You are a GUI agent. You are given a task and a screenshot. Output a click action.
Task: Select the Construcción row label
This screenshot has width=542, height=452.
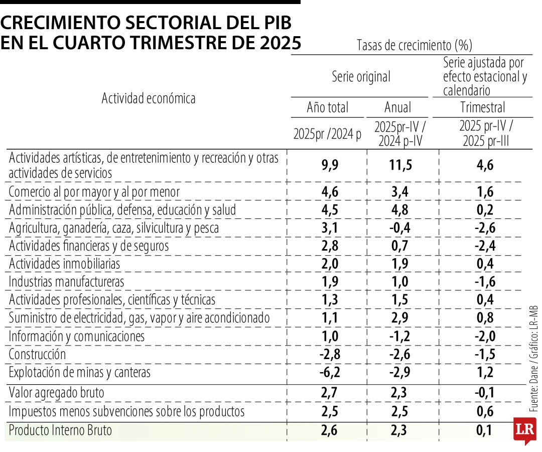tap(37, 354)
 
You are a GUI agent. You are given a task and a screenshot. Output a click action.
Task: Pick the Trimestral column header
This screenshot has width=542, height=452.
tap(482, 107)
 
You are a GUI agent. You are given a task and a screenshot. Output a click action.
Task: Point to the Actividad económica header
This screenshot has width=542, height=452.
tap(149, 98)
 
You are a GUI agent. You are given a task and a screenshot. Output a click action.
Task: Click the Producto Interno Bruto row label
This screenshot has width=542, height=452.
tap(60, 430)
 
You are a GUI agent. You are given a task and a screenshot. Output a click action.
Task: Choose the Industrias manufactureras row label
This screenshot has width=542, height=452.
tap(66, 282)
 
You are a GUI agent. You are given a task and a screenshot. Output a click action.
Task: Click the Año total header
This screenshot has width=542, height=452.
tap(328, 107)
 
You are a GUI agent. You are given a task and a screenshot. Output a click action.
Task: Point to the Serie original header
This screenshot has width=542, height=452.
tap(361, 77)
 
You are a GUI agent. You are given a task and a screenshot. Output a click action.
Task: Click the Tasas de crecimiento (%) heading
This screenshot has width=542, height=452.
tap(415, 45)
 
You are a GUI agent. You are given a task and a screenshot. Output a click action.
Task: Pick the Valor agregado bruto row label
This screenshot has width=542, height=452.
tap(56, 392)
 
